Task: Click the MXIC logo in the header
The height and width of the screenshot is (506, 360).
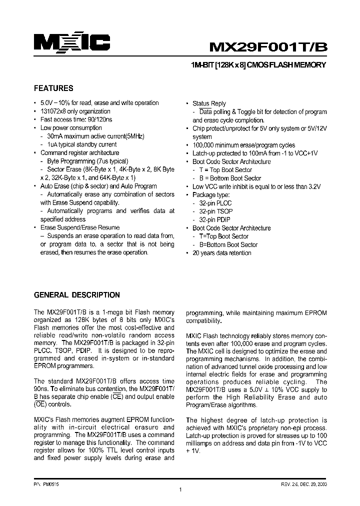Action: click(71, 42)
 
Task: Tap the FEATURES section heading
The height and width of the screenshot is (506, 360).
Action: click(53, 88)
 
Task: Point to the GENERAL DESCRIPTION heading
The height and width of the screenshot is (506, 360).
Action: click(76, 295)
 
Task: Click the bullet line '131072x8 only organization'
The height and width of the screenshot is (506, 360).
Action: click(75, 111)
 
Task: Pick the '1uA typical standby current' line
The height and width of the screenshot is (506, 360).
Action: click(81, 144)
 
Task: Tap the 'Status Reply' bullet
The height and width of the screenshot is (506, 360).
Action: click(209, 103)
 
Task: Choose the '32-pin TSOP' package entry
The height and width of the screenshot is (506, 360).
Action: click(215, 211)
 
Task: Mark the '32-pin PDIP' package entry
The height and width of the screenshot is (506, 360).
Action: click(214, 219)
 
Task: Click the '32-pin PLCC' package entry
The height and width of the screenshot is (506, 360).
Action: click(215, 203)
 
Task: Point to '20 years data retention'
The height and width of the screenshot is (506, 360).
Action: click(222, 253)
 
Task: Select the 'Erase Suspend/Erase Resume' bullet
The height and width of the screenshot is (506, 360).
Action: click(80, 227)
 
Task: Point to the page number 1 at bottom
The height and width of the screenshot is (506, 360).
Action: click(180, 490)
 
